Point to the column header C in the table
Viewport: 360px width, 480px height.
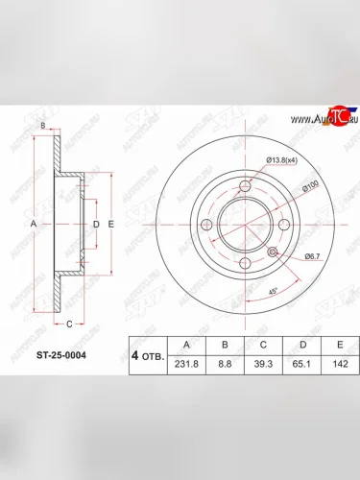(x=264, y=344)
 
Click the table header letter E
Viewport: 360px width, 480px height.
(x=338, y=344)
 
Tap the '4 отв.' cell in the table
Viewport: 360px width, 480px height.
(x=143, y=354)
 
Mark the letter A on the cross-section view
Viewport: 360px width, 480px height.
(x=33, y=223)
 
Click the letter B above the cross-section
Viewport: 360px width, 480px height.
(x=42, y=127)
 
